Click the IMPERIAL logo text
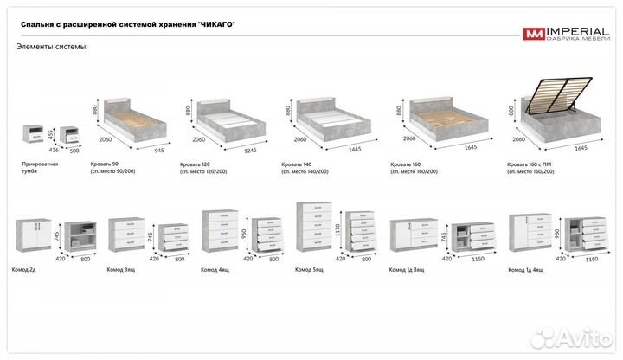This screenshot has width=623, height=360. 576,31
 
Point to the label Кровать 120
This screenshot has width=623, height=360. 196,164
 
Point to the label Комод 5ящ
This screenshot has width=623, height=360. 309,270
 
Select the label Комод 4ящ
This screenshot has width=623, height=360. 215,270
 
